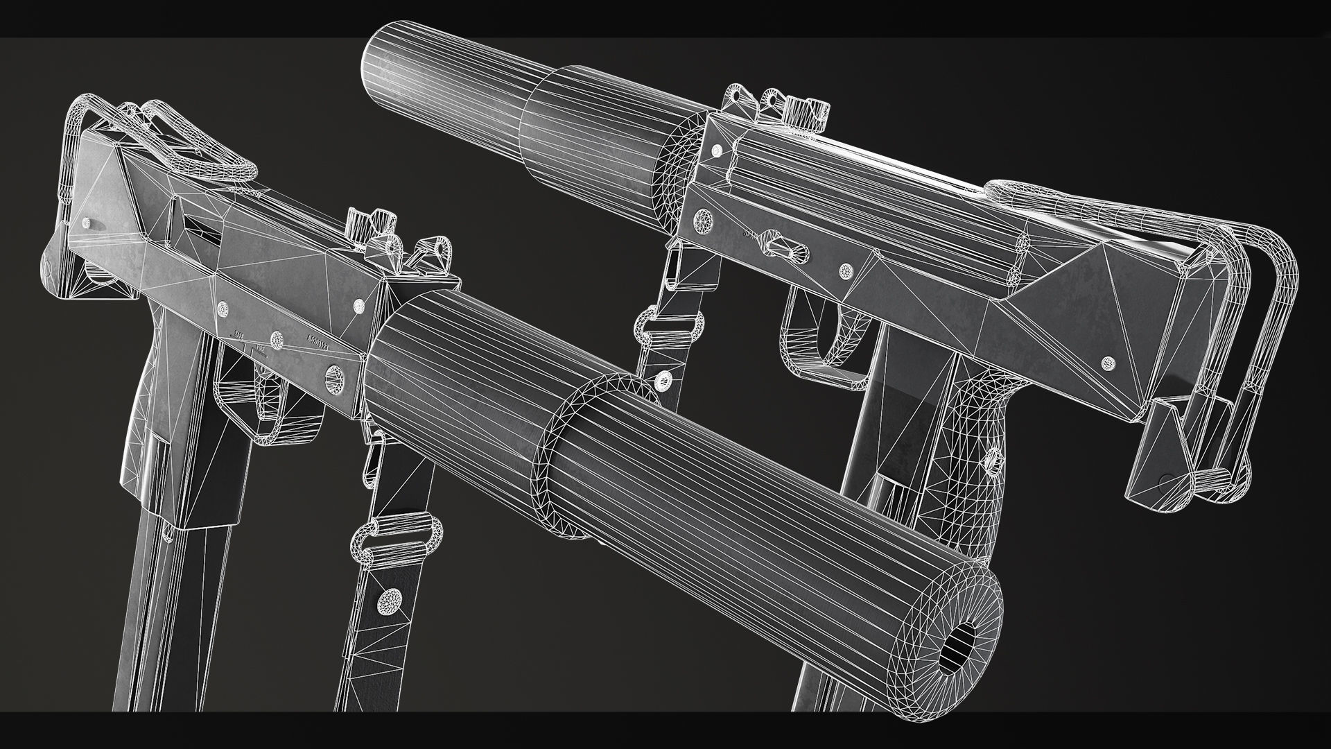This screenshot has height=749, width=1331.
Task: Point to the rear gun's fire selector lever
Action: pos(783,242)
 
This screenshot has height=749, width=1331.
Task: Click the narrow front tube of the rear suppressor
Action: pos(444,77)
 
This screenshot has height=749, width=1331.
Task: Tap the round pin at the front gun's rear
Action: pos(87,223)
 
